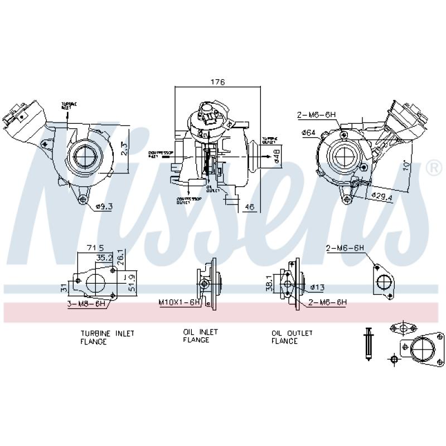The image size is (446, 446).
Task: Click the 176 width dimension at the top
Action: (x=217, y=82)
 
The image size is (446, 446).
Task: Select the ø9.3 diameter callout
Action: (x=104, y=207)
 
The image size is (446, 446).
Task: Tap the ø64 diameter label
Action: (x=309, y=132)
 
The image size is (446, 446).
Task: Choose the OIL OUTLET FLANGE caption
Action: (x=292, y=337)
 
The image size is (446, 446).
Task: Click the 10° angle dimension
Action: (x=406, y=167)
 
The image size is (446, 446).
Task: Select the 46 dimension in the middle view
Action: (x=250, y=207)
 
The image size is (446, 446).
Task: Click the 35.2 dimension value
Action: (x=104, y=258)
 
